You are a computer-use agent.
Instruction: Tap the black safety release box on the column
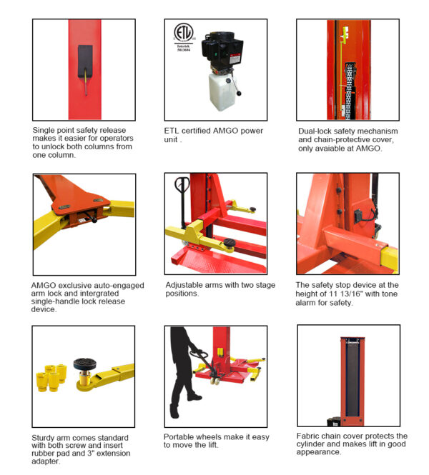pyautogui.click(x=85, y=61)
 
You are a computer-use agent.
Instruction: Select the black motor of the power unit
pyautogui.click(x=222, y=51)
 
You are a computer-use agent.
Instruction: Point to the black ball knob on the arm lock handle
pyautogui.click(x=94, y=220)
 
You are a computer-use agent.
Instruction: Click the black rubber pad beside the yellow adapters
pyautogui.click(x=84, y=364)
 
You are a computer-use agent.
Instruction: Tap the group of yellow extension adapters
pyautogui.click(x=51, y=377)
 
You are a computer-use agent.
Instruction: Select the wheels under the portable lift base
pyautogui.click(x=215, y=381)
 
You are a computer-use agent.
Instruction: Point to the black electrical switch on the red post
pyautogui.click(x=358, y=216)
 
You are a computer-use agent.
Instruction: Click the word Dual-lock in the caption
pyautogui.click(x=313, y=131)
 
